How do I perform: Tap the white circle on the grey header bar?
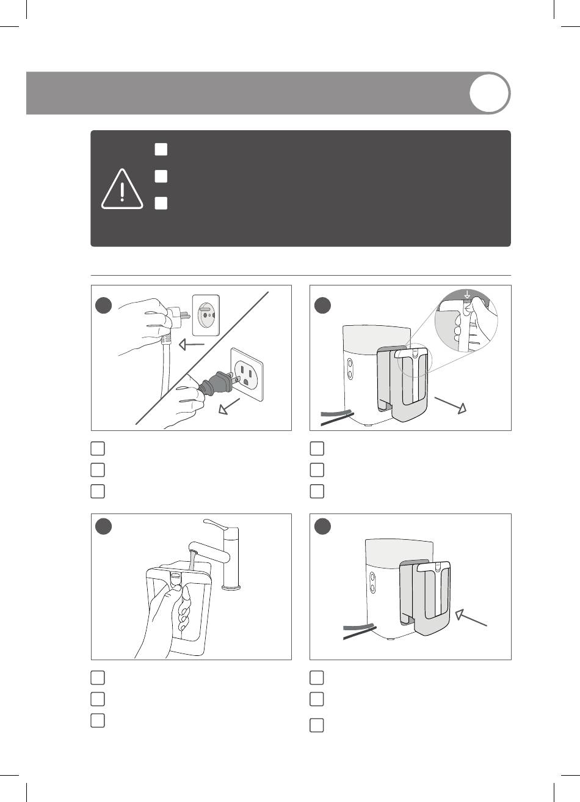pos(490,93)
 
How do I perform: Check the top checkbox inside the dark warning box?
pos(161,149)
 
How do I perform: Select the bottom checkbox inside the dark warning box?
pos(161,204)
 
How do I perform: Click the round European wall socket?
pos(205,315)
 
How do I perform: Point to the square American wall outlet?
pos(247,375)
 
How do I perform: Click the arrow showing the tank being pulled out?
pos(451,404)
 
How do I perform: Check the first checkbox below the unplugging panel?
pos(98,449)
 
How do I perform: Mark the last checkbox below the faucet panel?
pos(98,720)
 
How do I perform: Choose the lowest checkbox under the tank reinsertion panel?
pos(316,726)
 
